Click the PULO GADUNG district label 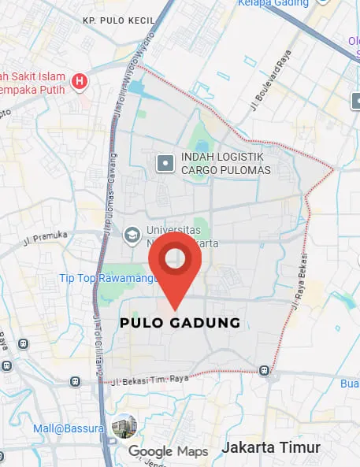180,323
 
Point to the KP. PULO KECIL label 119,18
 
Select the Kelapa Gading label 272,4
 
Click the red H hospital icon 79,80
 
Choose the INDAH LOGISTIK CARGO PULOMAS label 225,164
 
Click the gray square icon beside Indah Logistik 165,164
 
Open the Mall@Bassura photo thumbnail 123,428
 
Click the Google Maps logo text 168,451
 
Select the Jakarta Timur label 271,447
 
